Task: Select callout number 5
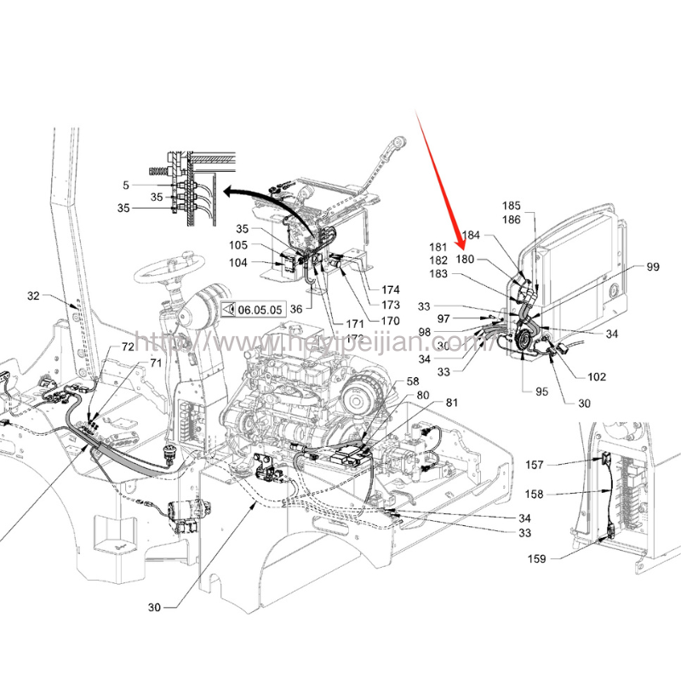[126, 184]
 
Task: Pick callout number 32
[34, 296]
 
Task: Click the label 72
[128, 347]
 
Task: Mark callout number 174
[391, 290]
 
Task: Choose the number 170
[391, 321]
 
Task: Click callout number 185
[511, 206]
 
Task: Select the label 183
[439, 273]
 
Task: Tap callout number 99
[652, 267]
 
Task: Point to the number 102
[597, 376]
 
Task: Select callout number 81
[451, 403]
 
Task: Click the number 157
[558, 465]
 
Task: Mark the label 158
[558, 495]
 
